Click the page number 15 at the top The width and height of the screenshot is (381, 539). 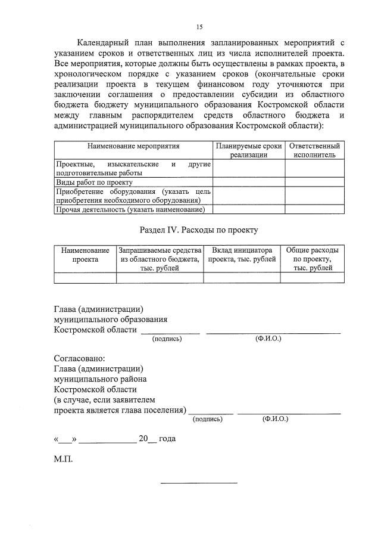tap(199, 27)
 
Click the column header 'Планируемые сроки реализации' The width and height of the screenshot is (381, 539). tap(248, 150)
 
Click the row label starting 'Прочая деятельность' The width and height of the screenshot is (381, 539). tap(130, 209)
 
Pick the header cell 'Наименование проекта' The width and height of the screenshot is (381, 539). tap(85, 255)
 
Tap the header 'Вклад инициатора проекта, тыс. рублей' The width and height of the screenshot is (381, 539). tap(242, 255)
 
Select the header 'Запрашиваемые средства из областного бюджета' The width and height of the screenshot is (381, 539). tap(160, 259)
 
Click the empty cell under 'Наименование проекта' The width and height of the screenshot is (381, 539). tap(85, 277)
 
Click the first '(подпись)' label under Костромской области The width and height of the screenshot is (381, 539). tap(167, 339)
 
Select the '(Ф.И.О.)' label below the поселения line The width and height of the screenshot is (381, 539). tap(275, 419)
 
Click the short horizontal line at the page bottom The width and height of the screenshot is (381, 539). tap(199, 482)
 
